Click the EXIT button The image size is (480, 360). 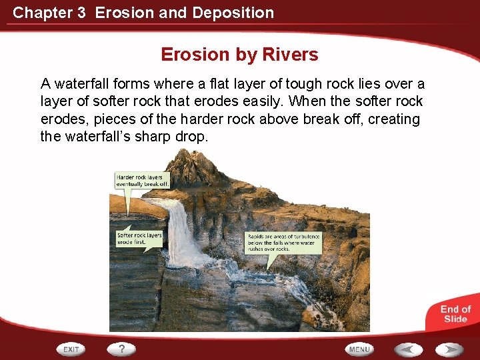click(x=71, y=349)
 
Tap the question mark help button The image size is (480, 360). click(x=122, y=349)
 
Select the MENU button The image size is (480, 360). click(x=359, y=349)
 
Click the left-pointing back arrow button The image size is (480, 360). click(x=407, y=349)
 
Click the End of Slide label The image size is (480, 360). click(x=455, y=313)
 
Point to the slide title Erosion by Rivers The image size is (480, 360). click(x=239, y=55)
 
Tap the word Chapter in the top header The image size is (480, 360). click(x=38, y=13)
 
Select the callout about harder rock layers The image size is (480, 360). click(x=143, y=181)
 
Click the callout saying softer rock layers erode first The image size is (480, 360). click(x=139, y=239)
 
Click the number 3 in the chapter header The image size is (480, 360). click(x=81, y=13)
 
